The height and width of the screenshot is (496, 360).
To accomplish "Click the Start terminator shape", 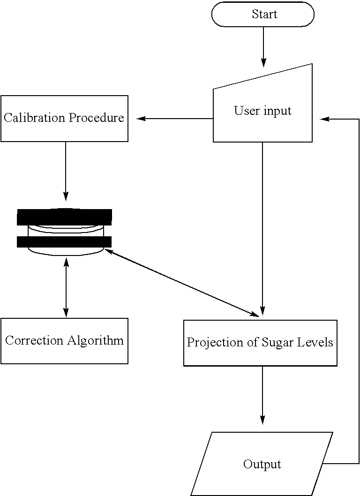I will point(262,15).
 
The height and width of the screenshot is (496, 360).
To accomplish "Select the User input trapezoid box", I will point(262,111).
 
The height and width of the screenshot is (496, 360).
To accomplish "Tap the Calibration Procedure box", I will point(64,118).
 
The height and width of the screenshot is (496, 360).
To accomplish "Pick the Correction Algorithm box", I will point(64,341).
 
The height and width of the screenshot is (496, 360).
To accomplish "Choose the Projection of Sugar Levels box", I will point(260,343).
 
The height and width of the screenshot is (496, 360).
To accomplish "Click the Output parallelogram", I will point(262,464).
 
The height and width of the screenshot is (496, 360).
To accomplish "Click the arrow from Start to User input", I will point(263,47).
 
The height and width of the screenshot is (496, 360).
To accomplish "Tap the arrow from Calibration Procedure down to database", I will point(66,171).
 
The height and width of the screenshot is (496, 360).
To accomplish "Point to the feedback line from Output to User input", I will point(359,291).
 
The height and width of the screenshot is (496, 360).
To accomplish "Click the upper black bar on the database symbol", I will point(65,217).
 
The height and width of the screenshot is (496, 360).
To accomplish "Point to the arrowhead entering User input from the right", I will point(324,119).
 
